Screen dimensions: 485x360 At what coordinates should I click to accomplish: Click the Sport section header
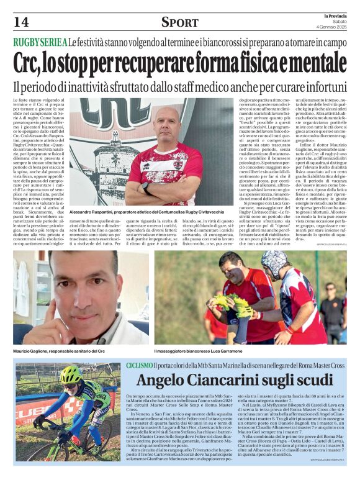click(179, 22)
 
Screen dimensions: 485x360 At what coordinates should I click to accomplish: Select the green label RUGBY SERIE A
click(40, 42)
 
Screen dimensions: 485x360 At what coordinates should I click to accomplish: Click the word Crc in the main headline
click(31, 62)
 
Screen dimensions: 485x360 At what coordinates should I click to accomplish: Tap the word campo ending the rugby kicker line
click(333, 42)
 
